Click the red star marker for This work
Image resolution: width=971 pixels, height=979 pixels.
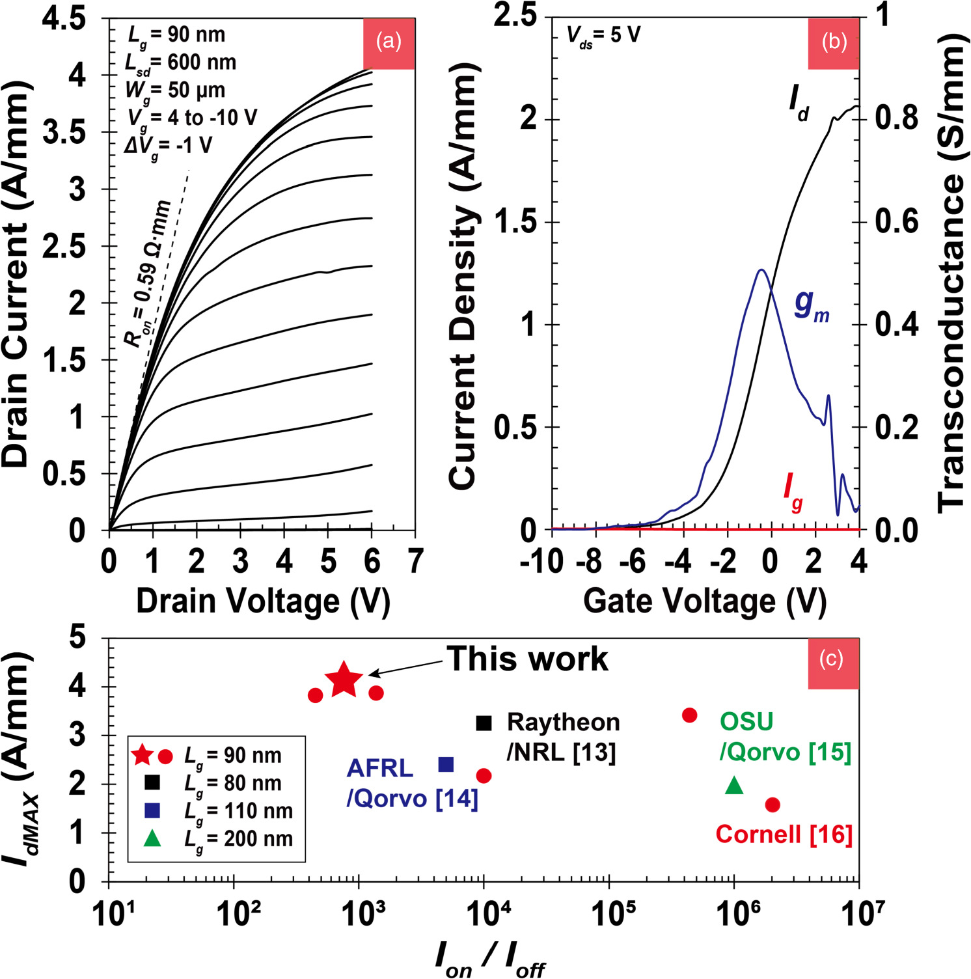(x=344, y=679)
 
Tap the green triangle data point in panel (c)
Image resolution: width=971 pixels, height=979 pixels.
(x=734, y=786)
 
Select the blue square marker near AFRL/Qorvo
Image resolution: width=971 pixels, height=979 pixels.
(x=446, y=764)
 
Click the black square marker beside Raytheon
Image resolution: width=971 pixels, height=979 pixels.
(x=484, y=723)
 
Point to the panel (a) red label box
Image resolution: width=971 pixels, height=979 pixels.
(x=389, y=43)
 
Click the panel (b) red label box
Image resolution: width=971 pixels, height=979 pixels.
(x=834, y=43)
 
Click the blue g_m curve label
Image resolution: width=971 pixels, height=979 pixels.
(x=811, y=304)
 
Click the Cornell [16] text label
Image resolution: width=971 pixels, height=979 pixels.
(x=784, y=834)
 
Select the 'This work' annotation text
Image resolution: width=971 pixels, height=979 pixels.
(x=527, y=659)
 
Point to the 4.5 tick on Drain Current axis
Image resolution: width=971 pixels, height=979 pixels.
(x=64, y=18)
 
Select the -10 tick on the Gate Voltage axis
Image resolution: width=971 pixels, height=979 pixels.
(x=541, y=561)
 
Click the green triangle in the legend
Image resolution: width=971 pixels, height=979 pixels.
(x=152, y=838)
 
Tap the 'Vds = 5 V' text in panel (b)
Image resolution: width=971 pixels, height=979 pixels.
(x=603, y=35)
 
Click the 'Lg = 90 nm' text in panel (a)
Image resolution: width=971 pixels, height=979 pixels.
(x=176, y=35)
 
